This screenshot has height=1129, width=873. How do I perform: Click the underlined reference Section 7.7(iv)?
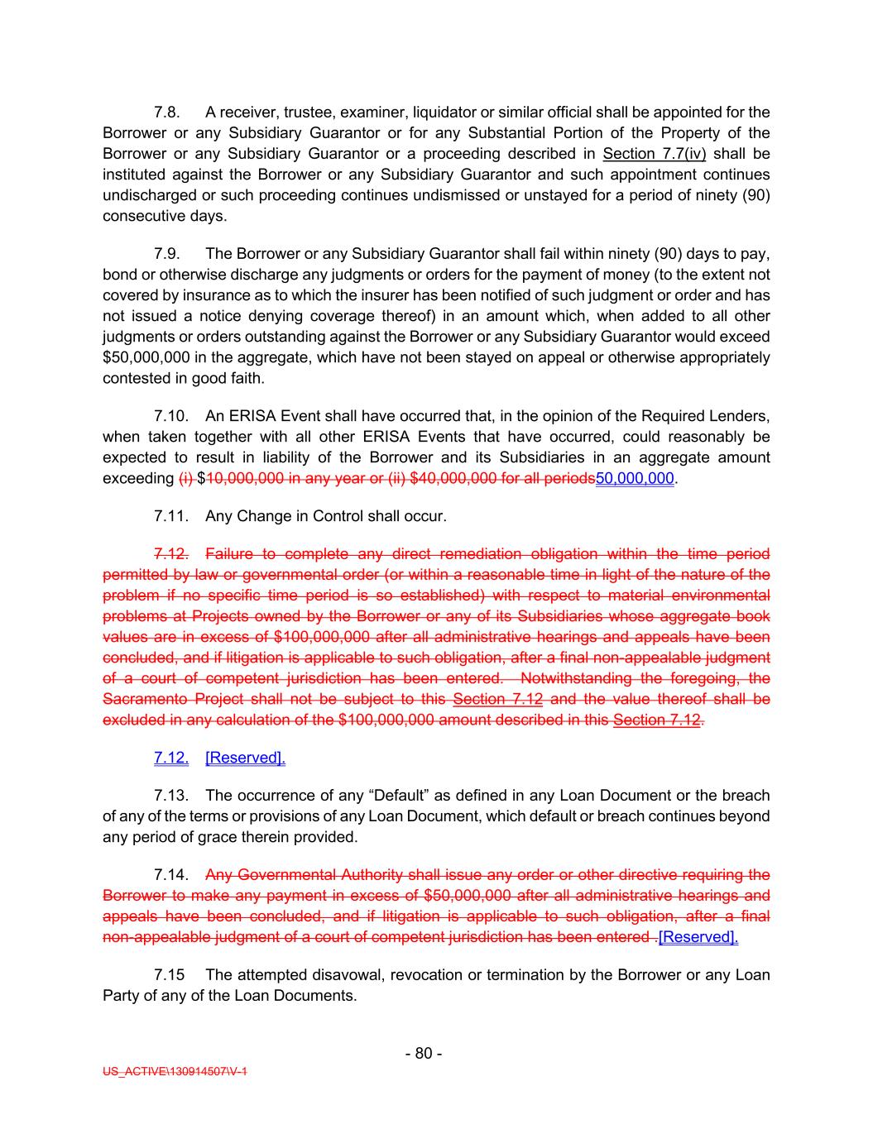tap(654, 154)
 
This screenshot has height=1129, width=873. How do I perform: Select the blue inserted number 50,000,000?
tap(635, 479)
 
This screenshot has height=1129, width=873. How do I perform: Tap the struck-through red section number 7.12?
tap(171, 554)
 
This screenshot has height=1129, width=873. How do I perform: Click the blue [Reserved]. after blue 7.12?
tap(245, 758)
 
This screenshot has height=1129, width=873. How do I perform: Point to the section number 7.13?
tap(171, 796)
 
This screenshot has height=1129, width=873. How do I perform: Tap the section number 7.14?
tap(171, 875)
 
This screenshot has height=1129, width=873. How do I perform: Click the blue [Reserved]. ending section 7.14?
tap(698, 938)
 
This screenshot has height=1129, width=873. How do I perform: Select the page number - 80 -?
tap(424, 1054)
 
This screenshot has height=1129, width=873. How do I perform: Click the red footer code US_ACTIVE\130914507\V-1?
tap(175, 1072)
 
